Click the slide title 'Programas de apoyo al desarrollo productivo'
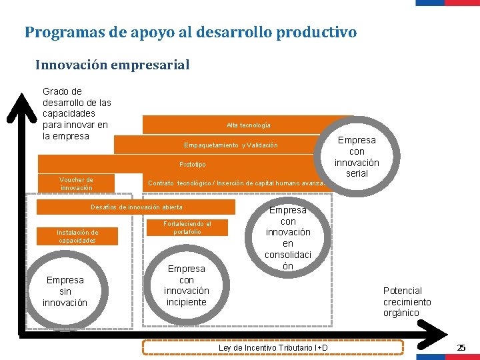click(x=191, y=32)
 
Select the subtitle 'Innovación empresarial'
click(x=112, y=65)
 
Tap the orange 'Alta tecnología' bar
click(x=248, y=125)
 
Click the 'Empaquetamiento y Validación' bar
click(x=231, y=145)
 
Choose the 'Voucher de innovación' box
click(x=76, y=183)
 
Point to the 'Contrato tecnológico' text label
click(x=236, y=183)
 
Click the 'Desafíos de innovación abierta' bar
click(x=136, y=207)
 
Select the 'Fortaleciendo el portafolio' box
click(x=187, y=228)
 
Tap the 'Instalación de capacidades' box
click(x=77, y=237)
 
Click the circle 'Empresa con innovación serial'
click(x=357, y=157)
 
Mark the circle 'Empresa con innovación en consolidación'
click(x=288, y=238)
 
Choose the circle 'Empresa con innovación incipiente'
click(x=187, y=285)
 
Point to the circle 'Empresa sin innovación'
click(x=65, y=291)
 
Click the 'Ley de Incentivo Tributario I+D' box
click(x=273, y=347)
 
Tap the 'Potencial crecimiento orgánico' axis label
click(x=407, y=302)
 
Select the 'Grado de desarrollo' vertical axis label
click(x=76, y=113)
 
